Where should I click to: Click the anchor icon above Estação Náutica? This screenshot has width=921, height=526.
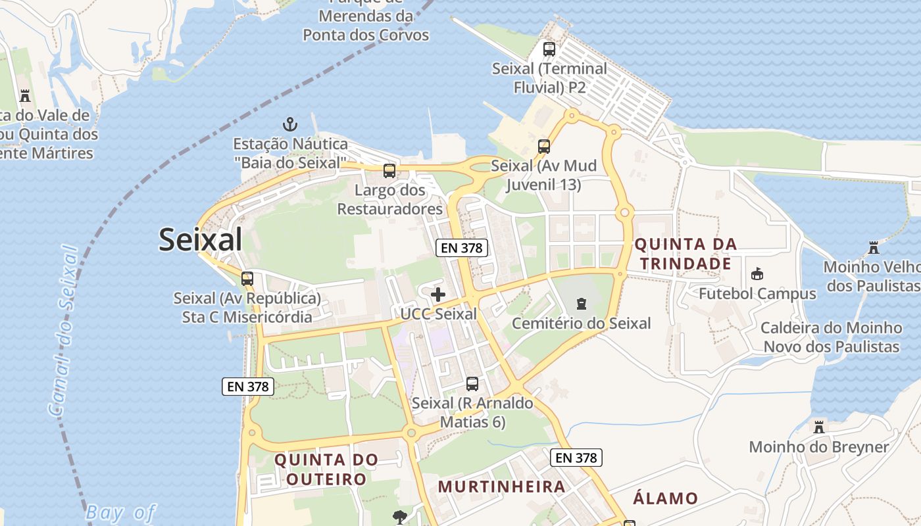(289, 124)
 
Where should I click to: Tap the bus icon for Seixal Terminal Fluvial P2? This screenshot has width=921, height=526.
(549, 49)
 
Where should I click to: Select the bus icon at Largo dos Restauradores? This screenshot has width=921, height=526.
(389, 171)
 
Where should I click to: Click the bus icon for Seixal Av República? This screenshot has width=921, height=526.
(247, 278)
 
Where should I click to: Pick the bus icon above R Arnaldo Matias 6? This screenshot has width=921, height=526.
(472, 383)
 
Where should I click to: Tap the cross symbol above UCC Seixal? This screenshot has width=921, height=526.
(438, 295)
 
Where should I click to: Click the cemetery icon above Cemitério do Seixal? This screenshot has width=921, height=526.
(581, 304)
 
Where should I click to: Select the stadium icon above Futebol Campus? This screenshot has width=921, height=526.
(757, 274)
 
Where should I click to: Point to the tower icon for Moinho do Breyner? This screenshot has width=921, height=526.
(818, 427)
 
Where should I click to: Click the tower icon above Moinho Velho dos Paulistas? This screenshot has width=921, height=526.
(874, 248)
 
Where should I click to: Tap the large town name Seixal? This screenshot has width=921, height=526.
(201, 240)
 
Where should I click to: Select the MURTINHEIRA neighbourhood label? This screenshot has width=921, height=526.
(501, 487)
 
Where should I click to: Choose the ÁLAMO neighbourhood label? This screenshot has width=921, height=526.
(665, 498)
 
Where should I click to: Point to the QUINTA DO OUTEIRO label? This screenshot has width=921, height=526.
(326, 469)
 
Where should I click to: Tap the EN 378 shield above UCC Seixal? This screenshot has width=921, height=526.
(462, 248)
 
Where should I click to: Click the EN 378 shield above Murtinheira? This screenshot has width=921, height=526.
(576, 458)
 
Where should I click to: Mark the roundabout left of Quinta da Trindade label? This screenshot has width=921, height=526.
(624, 212)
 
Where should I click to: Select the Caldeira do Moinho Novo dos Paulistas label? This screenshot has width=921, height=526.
(831, 337)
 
